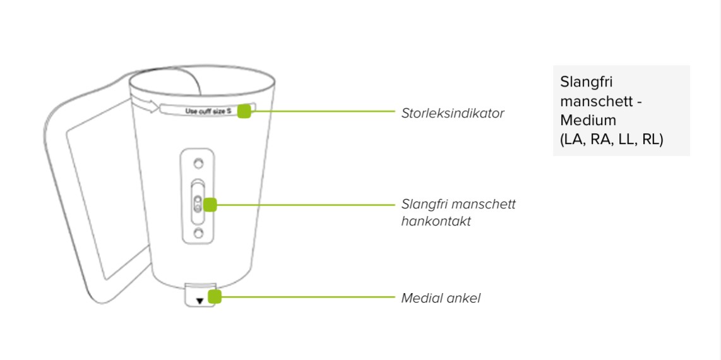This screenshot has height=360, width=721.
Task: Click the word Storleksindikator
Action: click(x=453, y=114)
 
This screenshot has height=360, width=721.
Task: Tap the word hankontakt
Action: click(x=436, y=222)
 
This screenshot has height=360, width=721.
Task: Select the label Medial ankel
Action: click(x=441, y=298)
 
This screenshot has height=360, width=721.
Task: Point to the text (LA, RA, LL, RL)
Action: click(x=611, y=140)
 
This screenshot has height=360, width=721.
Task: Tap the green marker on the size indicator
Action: click(x=245, y=111)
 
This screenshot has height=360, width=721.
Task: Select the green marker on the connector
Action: click(x=210, y=205)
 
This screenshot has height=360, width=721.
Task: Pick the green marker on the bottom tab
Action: click(x=215, y=297)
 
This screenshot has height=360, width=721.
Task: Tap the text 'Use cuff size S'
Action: click(x=208, y=112)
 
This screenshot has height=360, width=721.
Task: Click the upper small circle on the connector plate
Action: click(x=198, y=164)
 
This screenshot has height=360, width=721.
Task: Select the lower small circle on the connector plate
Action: click(x=198, y=234)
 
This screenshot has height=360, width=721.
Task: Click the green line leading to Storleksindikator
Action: click(x=322, y=112)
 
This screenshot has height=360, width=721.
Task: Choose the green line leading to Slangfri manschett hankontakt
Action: click(x=303, y=205)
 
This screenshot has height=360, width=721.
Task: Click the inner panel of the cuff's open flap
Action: click(x=95, y=189)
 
